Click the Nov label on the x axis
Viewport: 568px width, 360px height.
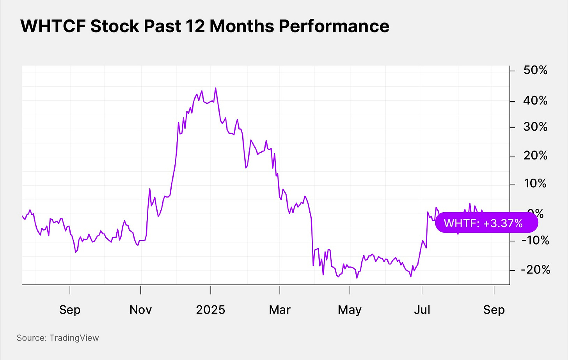[x=140, y=310]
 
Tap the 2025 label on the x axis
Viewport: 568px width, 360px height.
[x=211, y=310]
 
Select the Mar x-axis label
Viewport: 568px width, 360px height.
[x=280, y=310]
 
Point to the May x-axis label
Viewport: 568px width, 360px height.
[x=350, y=310]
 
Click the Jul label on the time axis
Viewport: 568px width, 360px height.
[x=422, y=310]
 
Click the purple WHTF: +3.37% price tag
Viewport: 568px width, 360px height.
[x=486, y=223]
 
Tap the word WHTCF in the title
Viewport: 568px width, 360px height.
[x=53, y=26]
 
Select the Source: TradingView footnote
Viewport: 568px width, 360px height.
[x=58, y=338]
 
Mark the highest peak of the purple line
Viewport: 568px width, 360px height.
[x=216, y=88]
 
